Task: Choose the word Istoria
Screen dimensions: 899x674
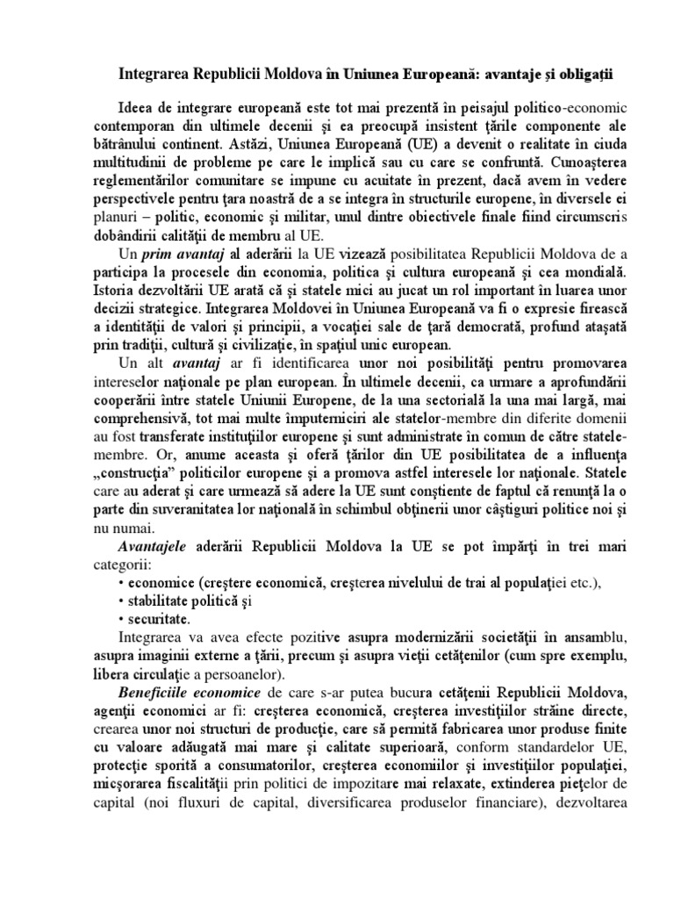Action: [x=118, y=292]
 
